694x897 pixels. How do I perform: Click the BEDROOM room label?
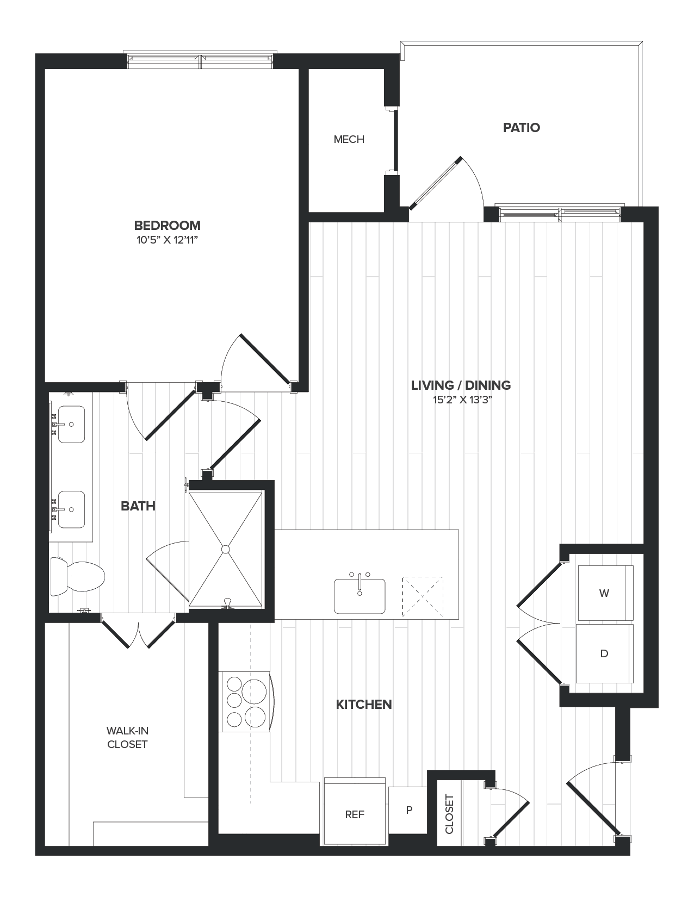pyautogui.click(x=167, y=225)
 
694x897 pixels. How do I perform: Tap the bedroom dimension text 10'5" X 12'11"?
pyautogui.click(x=167, y=240)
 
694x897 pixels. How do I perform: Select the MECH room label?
pyautogui.click(x=349, y=140)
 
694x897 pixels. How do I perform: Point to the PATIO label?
pyautogui.click(x=521, y=128)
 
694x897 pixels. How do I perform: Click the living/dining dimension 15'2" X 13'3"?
pyautogui.click(x=460, y=401)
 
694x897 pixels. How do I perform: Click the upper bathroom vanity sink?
pyautogui.click(x=71, y=424)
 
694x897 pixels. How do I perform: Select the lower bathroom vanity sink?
pyautogui.click(x=71, y=509)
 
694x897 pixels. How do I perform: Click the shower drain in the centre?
pyautogui.click(x=226, y=549)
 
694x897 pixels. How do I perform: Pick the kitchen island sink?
pyautogui.click(x=360, y=596)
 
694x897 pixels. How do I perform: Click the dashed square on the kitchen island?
pyautogui.click(x=423, y=596)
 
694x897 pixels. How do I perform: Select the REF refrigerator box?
pyautogui.click(x=355, y=814)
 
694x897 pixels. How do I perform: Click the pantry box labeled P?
pyautogui.click(x=408, y=810)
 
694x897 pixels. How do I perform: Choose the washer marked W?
pyautogui.click(x=604, y=593)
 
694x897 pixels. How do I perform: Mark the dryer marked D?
pyautogui.click(x=604, y=653)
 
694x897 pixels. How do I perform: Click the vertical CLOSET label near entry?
pyautogui.click(x=449, y=814)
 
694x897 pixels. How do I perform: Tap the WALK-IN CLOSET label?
pyautogui.click(x=127, y=738)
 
